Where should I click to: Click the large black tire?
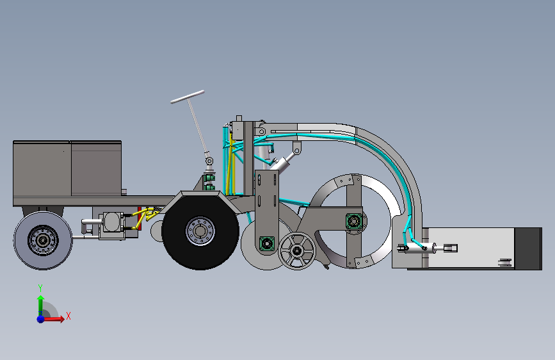pos(200,232)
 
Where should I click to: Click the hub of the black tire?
pos(200,231)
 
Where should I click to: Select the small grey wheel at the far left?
pos(43,240)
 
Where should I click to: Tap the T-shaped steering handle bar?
pos(188,97)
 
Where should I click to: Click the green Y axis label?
pos(40,288)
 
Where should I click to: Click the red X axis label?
pos(68,316)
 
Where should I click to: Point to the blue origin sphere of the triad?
pos(40,319)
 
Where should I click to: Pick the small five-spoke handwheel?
pos(296,251)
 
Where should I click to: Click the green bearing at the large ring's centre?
pos(353,222)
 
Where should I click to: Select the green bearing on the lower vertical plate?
pos(266,244)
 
